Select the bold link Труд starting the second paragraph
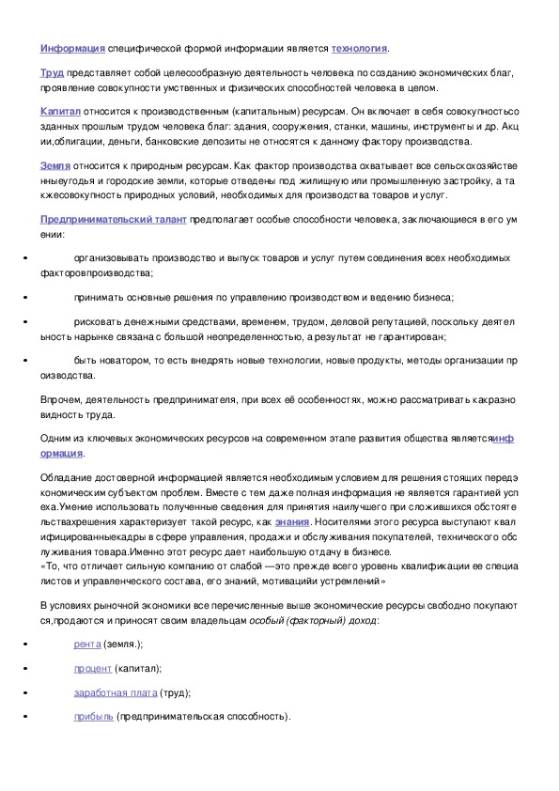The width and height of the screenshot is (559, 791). tap(51, 71)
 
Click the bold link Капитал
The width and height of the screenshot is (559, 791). tap(60, 110)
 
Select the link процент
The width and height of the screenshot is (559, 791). tap(93, 668)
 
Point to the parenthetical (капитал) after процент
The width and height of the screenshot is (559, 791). tap(138, 668)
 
